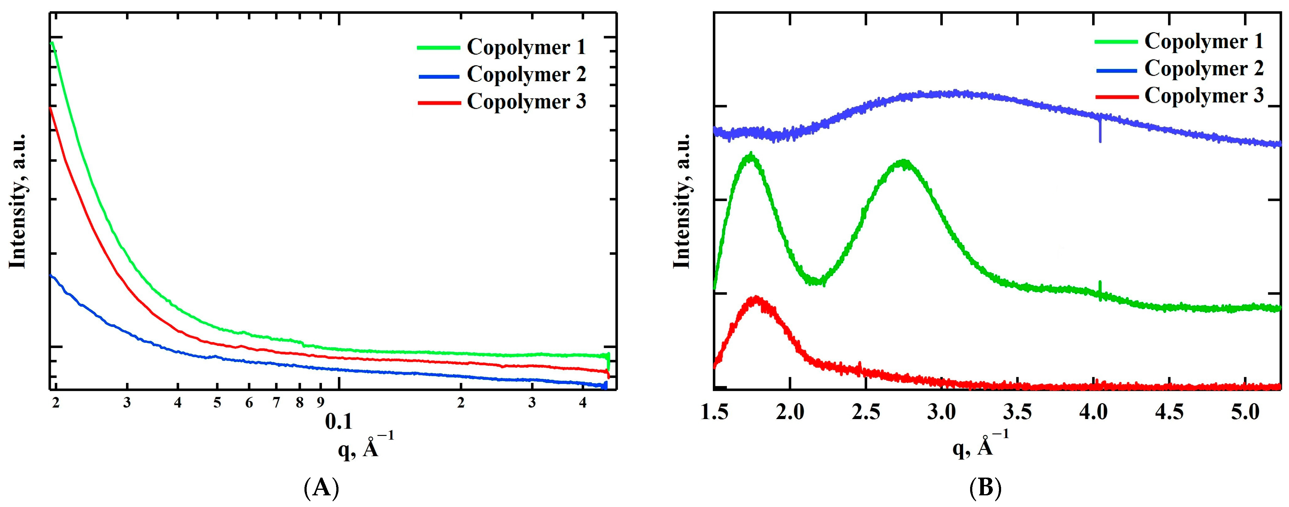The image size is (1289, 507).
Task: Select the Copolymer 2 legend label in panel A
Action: click(x=526, y=74)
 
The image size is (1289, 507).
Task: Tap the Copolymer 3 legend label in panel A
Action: click(x=526, y=101)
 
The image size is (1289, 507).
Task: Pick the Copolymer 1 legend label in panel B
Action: click(x=1203, y=41)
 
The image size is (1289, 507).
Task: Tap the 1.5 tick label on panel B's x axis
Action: click(x=713, y=413)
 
